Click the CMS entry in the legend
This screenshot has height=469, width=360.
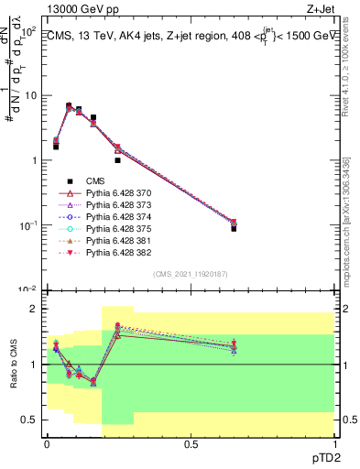click(95, 181)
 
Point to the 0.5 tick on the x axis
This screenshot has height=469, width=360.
click(191, 443)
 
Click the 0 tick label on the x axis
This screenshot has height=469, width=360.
click(47, 443)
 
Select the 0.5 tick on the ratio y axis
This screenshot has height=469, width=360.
click(29, 420)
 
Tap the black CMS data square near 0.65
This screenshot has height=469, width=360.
click(234, 228)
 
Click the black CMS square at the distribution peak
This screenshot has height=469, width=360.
click(69, 106)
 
